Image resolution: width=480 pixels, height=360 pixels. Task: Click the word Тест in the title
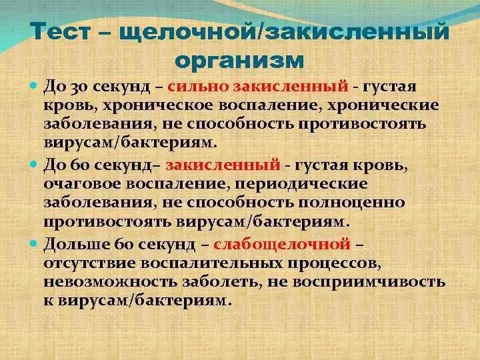[x=63, y=31]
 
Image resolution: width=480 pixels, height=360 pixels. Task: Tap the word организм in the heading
[x=240, y=60]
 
